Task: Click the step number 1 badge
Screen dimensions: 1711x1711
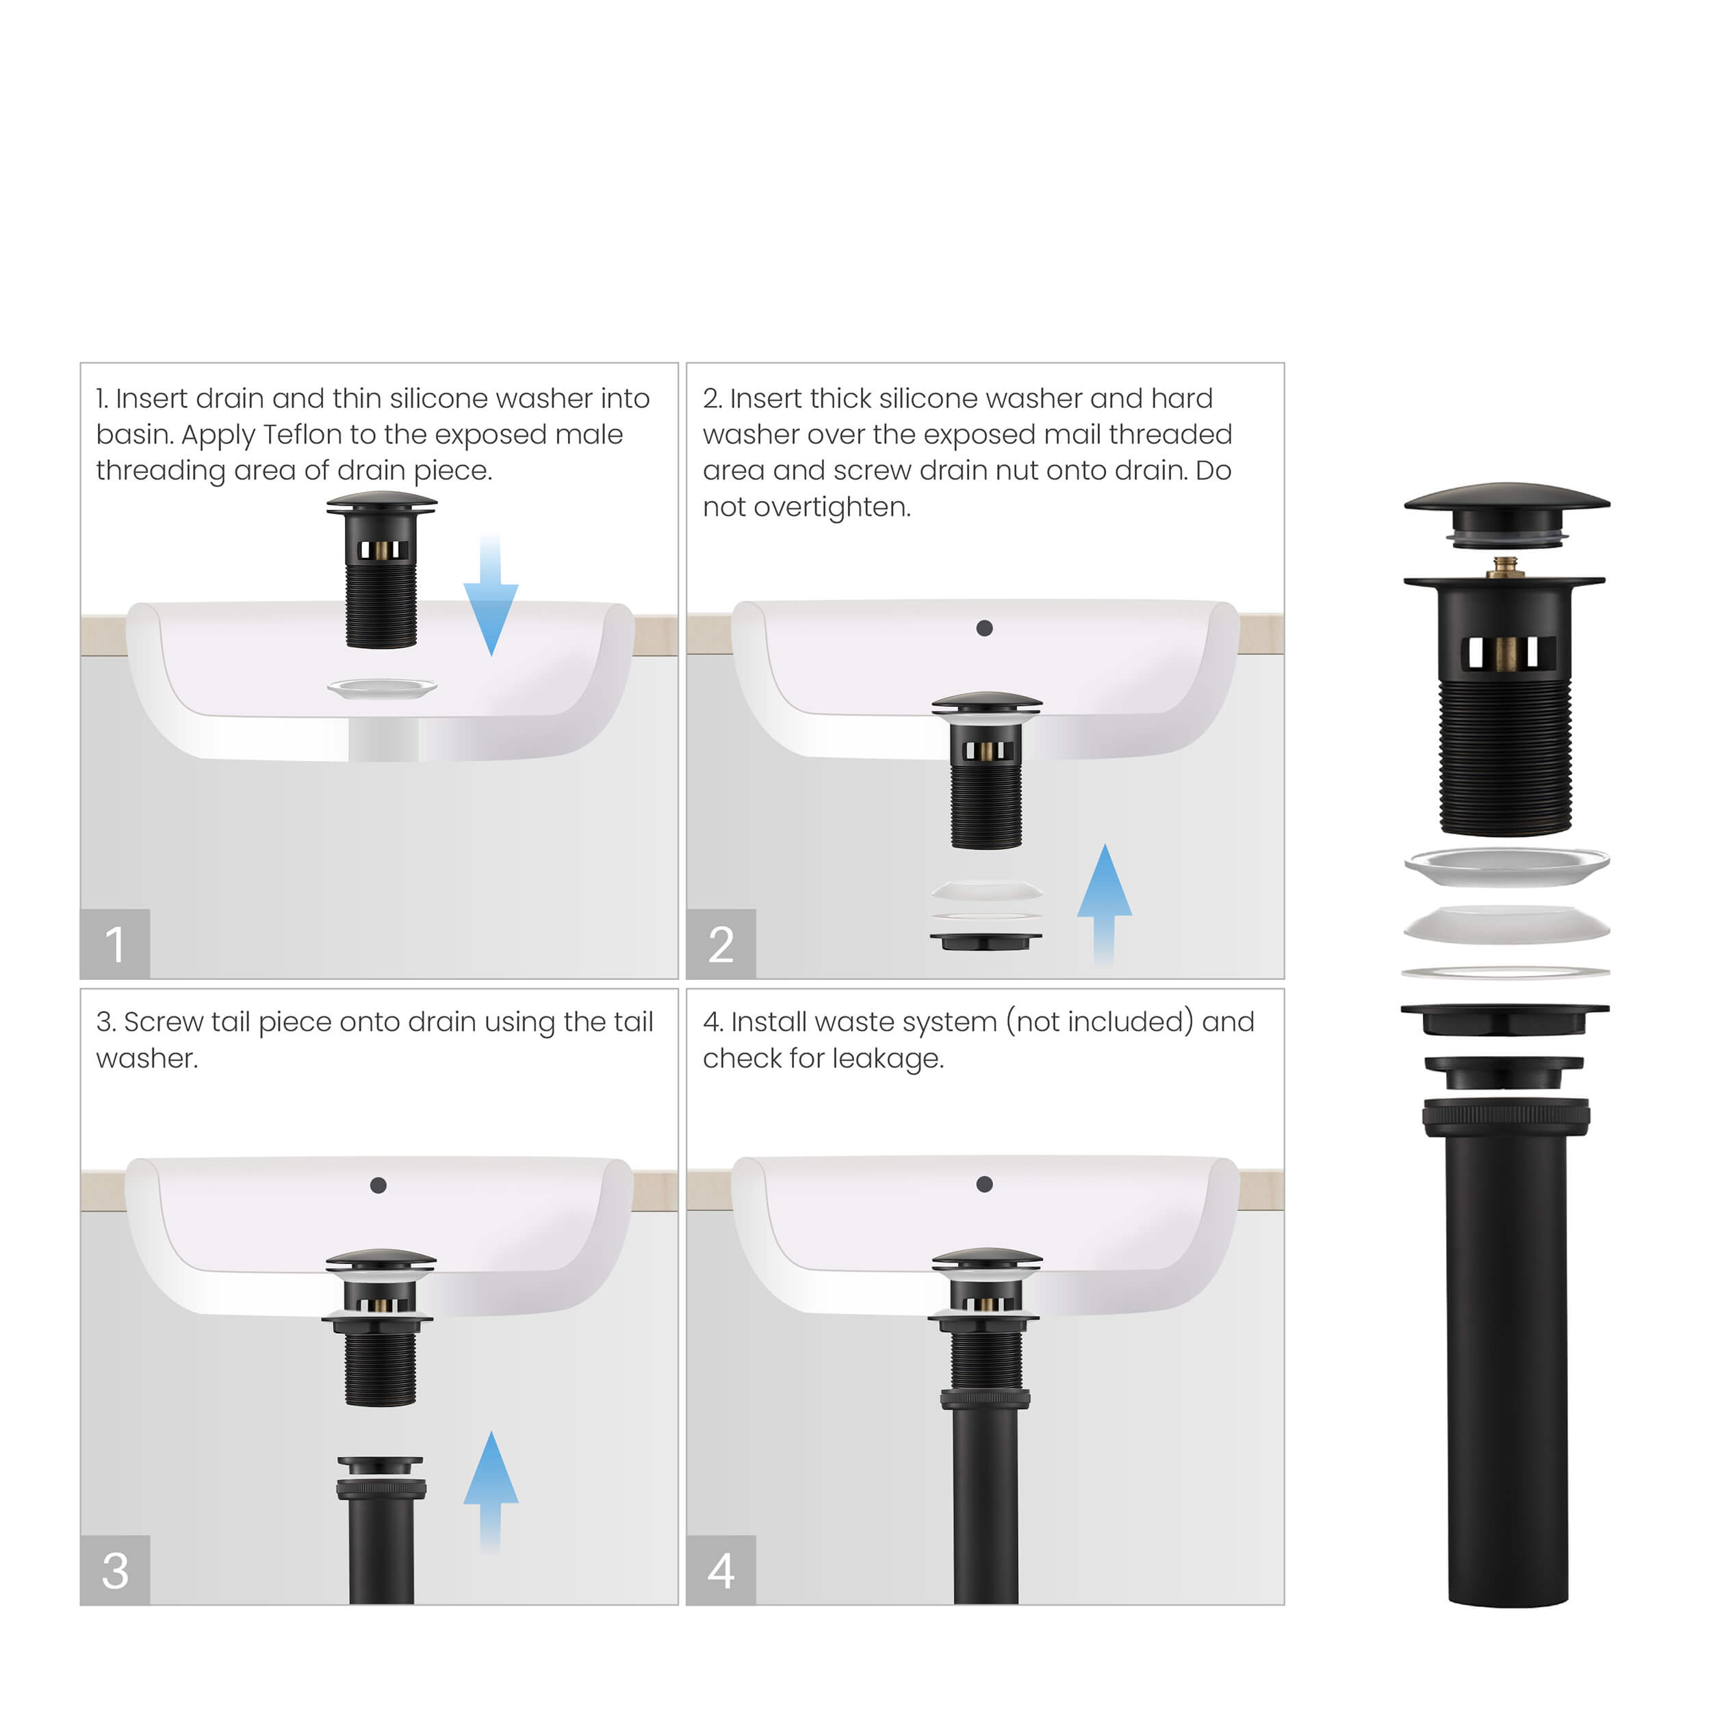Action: tap(115, 943)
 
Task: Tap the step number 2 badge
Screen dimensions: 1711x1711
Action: tap(721, 943)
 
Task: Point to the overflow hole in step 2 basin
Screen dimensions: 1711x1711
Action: tap(984, 628)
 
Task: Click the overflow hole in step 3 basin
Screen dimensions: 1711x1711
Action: tap(378, 1185)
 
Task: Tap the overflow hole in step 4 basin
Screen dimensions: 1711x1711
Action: tap(984, 1184)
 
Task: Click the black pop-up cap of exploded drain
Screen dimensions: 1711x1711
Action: tap(1506, 500)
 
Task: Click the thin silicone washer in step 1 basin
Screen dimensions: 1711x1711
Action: tap(382, 688)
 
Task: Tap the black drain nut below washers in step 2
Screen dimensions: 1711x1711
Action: tap(986, 940)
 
